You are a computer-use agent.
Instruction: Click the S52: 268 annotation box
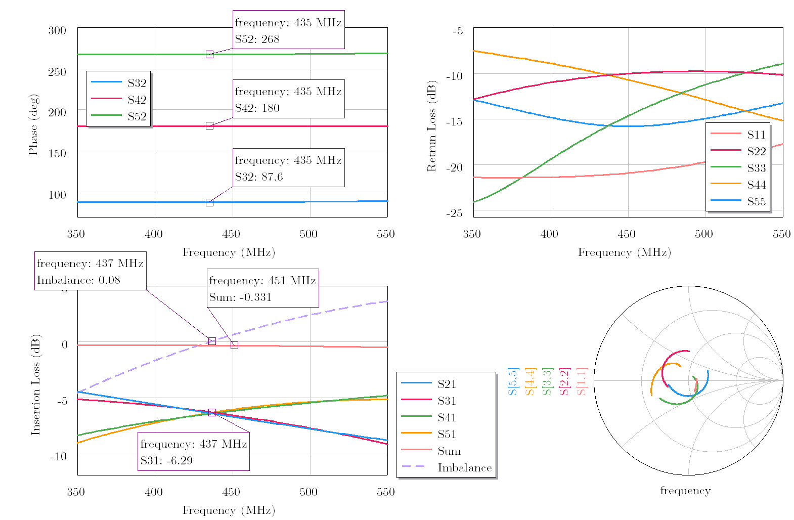click(x=288, y=30)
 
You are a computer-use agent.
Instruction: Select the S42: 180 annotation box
click(x=288, y=99)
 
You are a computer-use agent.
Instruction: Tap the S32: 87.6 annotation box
click(x=288, y=168)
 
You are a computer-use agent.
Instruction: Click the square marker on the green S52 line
click(x=209, y=54)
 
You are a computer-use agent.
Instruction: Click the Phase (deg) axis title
click(x=33, y=124)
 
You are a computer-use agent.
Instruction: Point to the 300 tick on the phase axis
click(x=57, y=30)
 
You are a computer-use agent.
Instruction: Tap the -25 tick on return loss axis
click(x=454, y=213)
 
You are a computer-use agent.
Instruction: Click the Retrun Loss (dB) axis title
click(x=431, y=125)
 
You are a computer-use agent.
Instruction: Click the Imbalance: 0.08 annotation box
click(x=90, y=271)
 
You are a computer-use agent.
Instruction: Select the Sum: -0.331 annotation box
click(x=262, y=288)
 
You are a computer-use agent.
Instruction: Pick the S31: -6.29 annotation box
click(x=193, y=452)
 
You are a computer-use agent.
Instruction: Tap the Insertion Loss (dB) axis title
click(x=36, y=384)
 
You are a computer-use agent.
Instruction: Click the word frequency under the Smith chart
click(x=685, y=491)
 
